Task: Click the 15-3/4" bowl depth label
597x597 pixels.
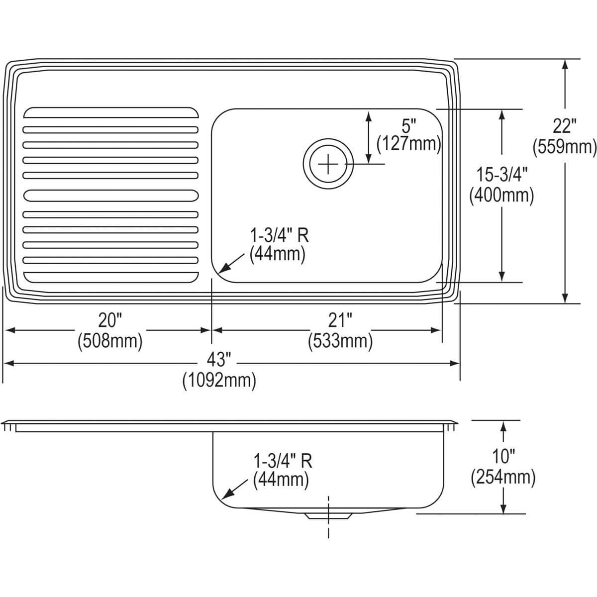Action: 501,175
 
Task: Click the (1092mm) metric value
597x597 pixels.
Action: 219,382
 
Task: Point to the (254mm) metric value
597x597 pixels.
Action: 503,478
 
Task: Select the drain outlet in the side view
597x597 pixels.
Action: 328,515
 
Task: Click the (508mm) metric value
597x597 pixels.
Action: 110,341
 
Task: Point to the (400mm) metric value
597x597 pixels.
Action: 501,196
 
